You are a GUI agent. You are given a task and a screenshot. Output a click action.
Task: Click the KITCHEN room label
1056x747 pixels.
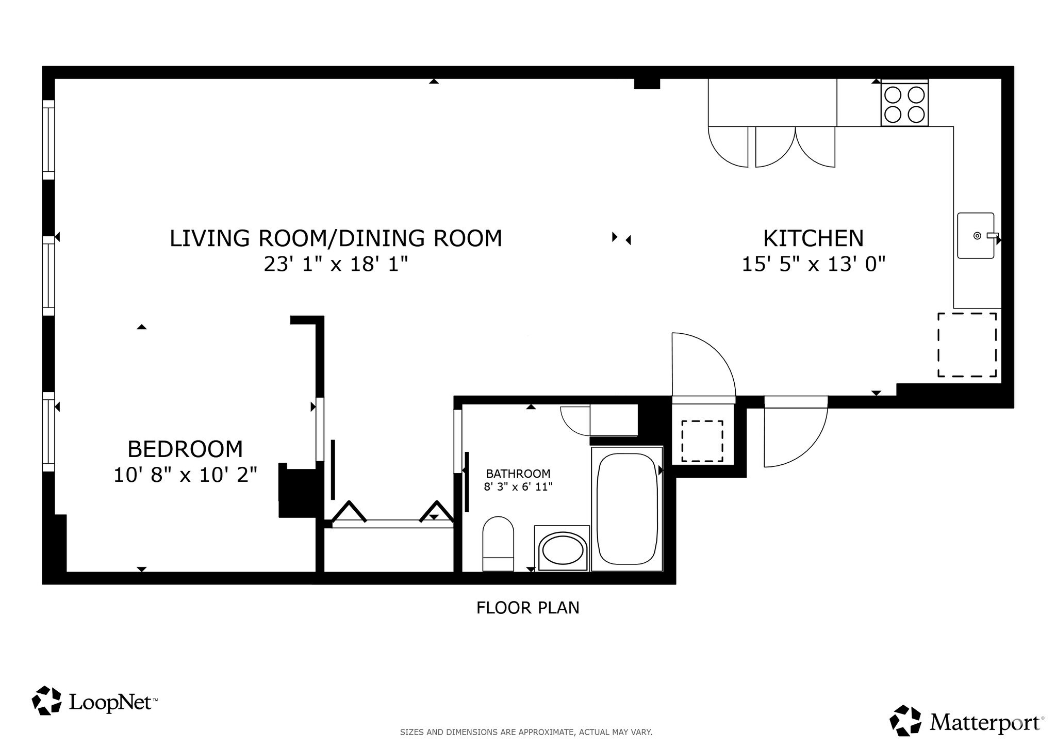click(813, 238)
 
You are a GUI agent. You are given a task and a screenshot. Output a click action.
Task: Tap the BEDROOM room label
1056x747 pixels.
click(185, 449)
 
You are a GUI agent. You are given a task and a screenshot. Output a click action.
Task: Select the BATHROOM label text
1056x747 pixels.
click(518, 473)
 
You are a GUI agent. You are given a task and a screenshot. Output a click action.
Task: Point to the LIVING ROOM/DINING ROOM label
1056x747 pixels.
click(336, 238)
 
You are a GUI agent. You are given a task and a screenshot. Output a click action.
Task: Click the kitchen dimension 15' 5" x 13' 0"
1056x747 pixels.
click(813, 264)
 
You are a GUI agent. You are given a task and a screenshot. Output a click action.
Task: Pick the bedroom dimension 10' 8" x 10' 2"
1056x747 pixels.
click(185, 475)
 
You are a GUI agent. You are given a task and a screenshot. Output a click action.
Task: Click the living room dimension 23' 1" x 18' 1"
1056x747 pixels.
click(336, 264)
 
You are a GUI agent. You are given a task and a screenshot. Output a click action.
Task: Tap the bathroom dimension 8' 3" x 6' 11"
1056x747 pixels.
click(518, 486)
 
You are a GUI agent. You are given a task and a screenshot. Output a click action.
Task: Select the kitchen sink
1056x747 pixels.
click(976, 236)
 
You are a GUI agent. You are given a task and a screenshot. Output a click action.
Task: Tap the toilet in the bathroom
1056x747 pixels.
click(498, 544)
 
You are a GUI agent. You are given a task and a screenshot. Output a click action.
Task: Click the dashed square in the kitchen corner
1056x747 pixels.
click(967, 345)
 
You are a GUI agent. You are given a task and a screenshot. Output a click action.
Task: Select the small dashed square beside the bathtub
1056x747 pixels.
click(702, 441)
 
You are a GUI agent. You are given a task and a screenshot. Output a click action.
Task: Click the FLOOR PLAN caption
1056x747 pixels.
click(528, 608)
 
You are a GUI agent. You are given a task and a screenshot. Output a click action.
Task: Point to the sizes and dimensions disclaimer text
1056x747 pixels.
click(526, 732)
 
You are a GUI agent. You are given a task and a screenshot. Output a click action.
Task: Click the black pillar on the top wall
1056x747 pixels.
click(647, 84)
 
